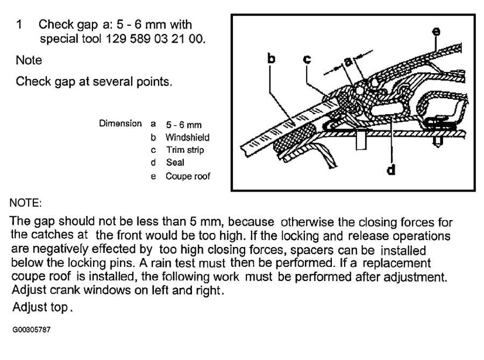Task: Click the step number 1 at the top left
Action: click(19, 24)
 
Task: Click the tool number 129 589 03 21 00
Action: click(154, 39)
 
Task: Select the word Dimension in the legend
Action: click(120, 124)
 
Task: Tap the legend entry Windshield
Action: click(187, 137)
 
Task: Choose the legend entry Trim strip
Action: click(185, 150)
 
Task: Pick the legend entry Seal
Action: click(175, 163)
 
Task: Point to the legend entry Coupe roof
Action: click(188, 177)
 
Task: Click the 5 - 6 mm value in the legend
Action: click(184, 125)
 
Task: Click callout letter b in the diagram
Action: click(271, 58)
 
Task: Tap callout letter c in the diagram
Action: click(307, 59)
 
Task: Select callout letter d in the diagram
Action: click(391, 170)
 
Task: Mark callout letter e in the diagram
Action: click(436, 32)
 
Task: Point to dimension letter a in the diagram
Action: click(348, 62)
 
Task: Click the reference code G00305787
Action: click(31, 330)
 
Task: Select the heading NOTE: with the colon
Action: click(26, 203)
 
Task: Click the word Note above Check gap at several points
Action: click(29, 60)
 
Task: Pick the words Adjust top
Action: click(42, 307)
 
